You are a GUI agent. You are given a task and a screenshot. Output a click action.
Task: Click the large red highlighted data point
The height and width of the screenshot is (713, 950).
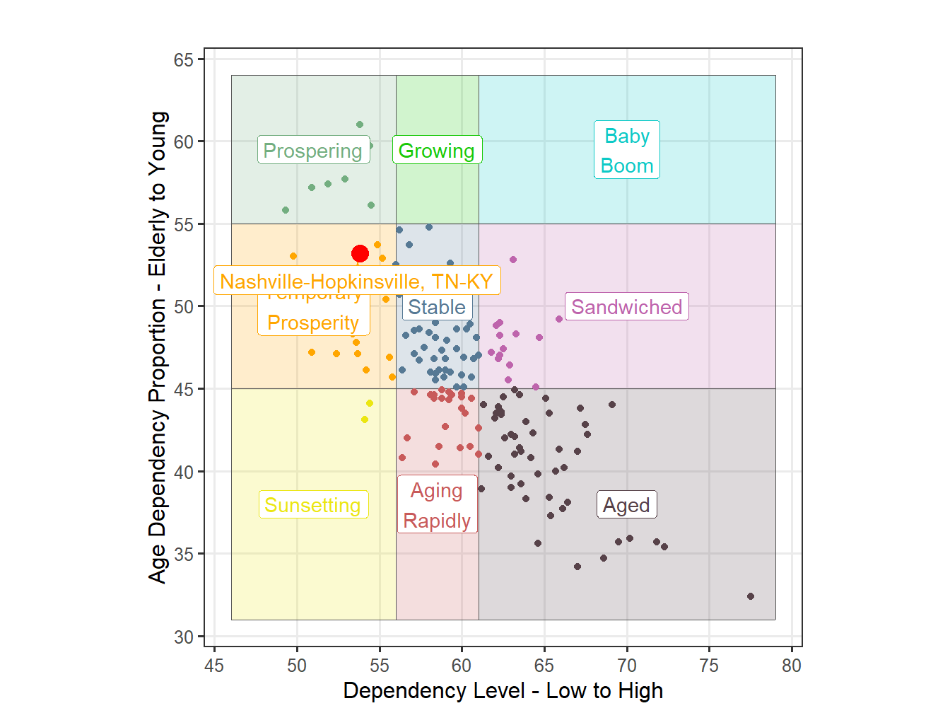tap(360, 254)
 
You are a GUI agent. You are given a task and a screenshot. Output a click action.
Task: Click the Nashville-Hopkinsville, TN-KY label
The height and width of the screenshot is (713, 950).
tap(356, 282)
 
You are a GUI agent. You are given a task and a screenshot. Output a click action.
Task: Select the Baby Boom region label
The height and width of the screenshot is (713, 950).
tap(627, 150)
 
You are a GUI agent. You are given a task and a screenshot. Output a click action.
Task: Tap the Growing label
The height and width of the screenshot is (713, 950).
tap(437, 151)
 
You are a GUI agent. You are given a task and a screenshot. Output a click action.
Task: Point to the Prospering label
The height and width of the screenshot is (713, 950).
tap(312, 151)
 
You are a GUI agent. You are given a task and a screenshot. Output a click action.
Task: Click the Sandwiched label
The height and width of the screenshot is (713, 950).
tap(626, 307)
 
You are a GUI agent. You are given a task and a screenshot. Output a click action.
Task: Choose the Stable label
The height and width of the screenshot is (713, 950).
tap(437, 307)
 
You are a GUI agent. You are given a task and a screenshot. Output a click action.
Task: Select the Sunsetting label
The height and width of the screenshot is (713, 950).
tap(312, 505)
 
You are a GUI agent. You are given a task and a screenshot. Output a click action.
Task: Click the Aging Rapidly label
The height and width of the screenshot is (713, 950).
tap(437, 506)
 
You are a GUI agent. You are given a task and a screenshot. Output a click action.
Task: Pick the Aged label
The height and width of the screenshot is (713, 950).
tap(626, 505)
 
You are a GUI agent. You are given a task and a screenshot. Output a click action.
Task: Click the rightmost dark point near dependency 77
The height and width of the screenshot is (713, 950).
tap(751, 596)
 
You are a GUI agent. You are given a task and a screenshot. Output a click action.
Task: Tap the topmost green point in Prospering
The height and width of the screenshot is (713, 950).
tap(360, 124)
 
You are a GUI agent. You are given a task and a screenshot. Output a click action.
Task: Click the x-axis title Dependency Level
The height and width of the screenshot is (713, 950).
tap(503, 690)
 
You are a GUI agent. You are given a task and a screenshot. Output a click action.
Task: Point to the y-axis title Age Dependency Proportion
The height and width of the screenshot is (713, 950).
tap(158, 347)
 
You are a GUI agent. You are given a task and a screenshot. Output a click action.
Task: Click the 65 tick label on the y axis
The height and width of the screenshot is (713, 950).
tap(184, 60)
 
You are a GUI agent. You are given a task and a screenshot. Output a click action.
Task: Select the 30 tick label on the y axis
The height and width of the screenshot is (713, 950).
tap(184, 637)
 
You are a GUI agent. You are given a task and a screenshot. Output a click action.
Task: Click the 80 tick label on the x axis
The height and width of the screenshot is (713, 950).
tap(792, 666)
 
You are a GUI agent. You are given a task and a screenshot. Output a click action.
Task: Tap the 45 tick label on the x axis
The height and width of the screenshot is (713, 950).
tap(214, 666)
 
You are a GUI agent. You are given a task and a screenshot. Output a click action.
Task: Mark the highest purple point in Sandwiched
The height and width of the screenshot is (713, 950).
tap(513, 260)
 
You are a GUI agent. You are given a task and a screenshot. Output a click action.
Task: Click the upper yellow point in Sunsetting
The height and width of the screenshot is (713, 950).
tap(370, 403)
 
